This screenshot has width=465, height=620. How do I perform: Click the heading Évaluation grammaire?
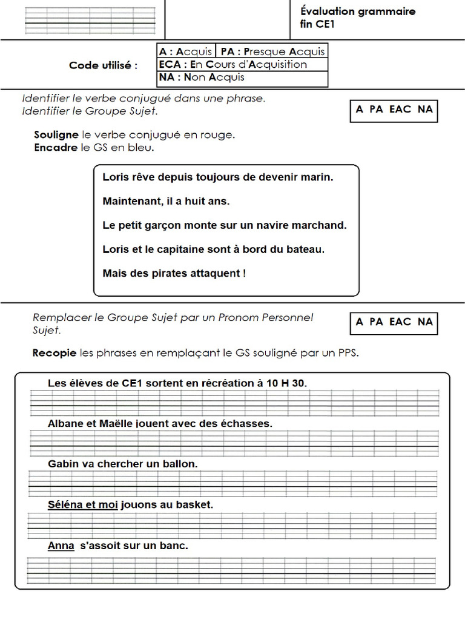357,12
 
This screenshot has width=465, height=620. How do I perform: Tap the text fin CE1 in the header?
317,24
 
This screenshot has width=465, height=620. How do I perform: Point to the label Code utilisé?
103,65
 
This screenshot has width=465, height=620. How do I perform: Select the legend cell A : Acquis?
185,51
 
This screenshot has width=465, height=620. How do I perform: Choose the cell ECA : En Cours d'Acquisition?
233,64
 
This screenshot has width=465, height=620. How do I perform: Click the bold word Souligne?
56,135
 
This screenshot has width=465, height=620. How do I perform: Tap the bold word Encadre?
56,147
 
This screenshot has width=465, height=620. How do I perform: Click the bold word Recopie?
54,352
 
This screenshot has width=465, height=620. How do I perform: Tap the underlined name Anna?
61,546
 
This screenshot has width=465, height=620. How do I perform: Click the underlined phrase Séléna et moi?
82,504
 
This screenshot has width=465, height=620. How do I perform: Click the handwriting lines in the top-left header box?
90,20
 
